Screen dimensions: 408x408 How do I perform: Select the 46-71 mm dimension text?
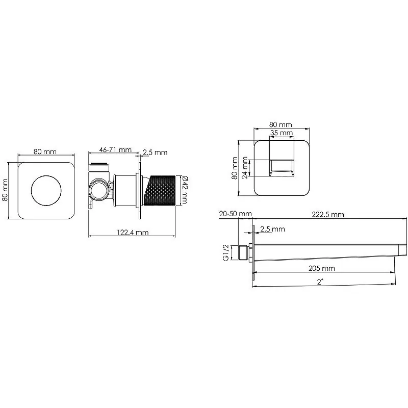click(115, 149)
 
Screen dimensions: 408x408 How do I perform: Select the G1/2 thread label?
click(225, 252)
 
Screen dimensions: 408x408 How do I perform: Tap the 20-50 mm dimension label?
click(236, 214)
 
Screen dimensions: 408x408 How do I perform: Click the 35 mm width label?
click(282, 133)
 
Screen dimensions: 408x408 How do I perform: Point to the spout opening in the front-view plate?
click(282, 168)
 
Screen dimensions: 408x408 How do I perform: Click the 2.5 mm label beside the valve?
click(155, 152)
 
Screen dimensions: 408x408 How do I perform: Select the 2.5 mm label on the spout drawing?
click(272, 229)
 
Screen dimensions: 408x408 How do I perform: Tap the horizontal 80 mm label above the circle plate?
click(45, 151)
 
